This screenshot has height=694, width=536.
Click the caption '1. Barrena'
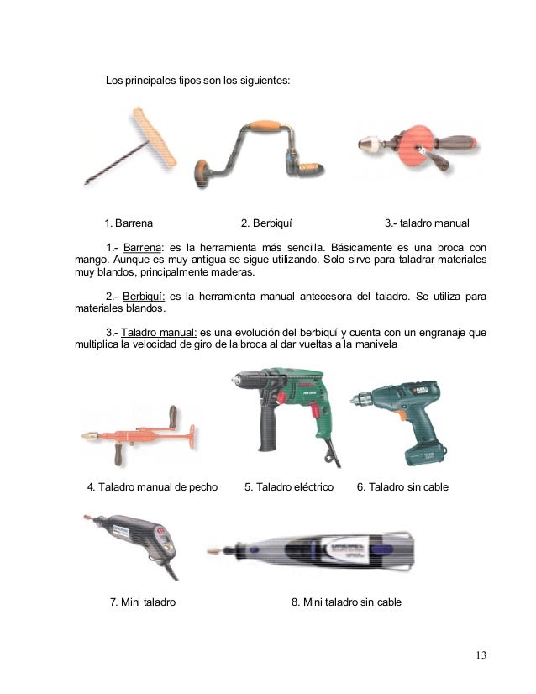coord(129,223)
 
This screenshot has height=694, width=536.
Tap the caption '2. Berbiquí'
coord(266,223)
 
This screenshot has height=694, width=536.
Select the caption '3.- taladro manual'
coord(427,223)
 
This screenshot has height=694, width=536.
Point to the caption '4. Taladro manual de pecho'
coord(153,487)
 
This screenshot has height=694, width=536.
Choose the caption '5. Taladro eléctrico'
coord(289,487)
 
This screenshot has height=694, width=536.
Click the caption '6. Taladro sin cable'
coord(403,487)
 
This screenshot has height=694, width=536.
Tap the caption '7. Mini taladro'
coord(143,602)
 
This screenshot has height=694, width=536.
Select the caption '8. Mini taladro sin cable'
coord(346,602)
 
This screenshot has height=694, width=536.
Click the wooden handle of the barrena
coord(157,137)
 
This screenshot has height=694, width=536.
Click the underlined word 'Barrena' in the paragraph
coord(141,249)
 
